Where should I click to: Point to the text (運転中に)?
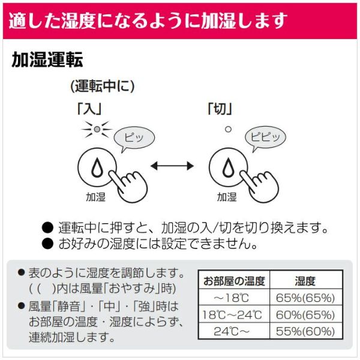102,86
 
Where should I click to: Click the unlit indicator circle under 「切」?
227,128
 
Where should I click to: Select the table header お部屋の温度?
233,280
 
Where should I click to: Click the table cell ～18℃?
233,297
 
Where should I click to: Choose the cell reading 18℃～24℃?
233,314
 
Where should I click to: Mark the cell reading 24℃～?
233,331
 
